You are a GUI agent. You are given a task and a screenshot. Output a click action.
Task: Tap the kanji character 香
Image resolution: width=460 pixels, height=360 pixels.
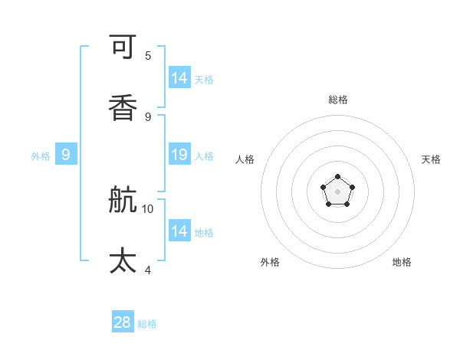click(x=123, y=108)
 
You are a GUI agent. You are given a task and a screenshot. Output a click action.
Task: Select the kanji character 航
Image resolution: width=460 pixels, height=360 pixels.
click(x=123, y=200)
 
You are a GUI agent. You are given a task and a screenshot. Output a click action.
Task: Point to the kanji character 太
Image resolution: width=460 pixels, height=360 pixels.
click(x=123, y=261)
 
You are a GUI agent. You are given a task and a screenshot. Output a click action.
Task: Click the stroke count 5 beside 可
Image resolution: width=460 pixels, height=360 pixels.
click(x=148, y=55)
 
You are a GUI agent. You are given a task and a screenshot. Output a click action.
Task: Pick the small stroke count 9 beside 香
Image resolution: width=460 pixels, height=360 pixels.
click(x=148, y=116)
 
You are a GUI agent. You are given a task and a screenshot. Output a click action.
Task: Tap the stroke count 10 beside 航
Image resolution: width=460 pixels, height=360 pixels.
click(x=148, y=208)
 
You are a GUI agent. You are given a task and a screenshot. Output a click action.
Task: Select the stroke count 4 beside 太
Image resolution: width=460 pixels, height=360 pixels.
click(x=148, y=270)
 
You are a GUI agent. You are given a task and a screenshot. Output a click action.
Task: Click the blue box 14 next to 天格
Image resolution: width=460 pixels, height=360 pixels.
click(x=179, y=78)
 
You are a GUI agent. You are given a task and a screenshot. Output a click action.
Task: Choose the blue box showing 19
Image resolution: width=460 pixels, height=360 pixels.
click(x=179, y=155)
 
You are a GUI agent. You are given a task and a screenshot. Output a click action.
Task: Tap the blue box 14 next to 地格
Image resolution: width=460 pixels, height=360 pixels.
click(x=179, y=231)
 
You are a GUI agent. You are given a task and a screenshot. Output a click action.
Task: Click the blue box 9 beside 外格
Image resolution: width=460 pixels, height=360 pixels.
click(x=66, y=155)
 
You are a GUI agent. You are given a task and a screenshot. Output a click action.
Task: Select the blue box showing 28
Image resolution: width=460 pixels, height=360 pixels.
click(x=123, y=322)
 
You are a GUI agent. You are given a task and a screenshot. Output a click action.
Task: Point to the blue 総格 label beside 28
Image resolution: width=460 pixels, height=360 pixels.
click(x=147, y=324)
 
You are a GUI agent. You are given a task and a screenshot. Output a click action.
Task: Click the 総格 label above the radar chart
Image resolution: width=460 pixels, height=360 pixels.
click(x=338, y=100)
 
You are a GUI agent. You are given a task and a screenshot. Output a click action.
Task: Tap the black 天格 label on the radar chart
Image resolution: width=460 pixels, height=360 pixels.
click(x=431, y=159)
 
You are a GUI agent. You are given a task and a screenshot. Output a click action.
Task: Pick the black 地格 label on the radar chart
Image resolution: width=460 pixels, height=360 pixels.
click(x=402, y=262)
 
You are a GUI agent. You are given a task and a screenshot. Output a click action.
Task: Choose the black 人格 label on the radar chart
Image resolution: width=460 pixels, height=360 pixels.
click(x=245, y=159)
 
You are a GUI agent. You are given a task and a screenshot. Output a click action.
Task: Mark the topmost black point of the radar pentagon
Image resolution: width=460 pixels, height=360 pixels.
click(x=338, y=177)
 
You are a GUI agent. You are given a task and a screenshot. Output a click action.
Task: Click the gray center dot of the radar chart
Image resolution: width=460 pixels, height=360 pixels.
click(x=338, y=191)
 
